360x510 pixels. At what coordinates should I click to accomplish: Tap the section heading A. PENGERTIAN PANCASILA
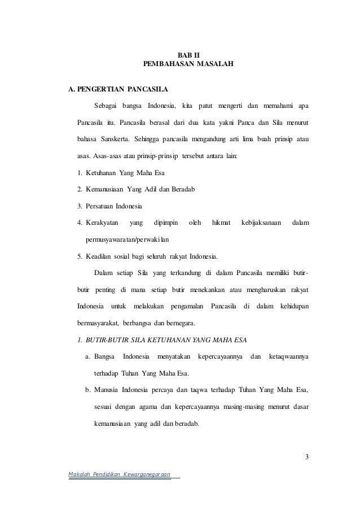[117, 89]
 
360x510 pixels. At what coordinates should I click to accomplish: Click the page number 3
[307, 457]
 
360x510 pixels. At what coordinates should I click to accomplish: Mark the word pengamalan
[187, 306]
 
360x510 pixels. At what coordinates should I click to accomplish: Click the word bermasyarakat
[98, 323]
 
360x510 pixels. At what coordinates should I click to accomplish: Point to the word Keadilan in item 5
[100, 256]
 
